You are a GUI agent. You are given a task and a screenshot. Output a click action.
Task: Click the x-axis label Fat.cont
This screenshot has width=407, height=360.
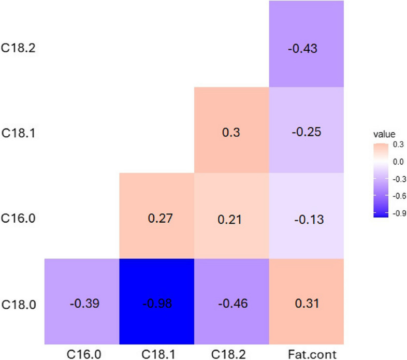click(307, 354)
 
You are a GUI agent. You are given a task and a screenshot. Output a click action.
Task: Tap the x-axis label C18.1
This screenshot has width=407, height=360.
click(156, 354)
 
